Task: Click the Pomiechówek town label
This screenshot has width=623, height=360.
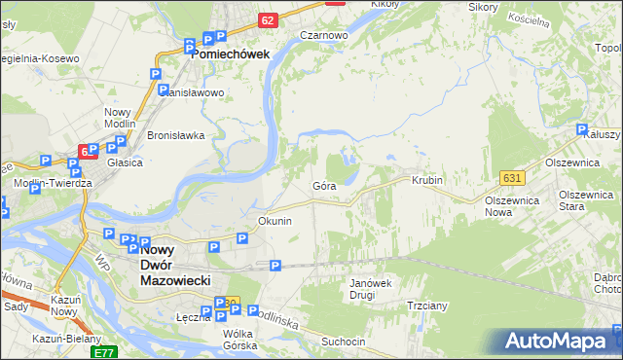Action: [x=230, y=54]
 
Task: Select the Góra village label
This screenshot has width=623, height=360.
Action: [x=324, y=185]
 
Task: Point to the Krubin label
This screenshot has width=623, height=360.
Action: [x=427, y=181]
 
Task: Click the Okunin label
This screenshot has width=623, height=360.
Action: [x=275, y=221]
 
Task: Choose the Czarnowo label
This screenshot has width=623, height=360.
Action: [x=324, y=35]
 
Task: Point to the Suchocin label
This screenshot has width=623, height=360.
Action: [x=344, y=342]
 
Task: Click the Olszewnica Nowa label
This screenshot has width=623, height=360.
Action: [x=512, y=205]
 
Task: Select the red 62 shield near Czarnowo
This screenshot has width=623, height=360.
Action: [x=269, y=19]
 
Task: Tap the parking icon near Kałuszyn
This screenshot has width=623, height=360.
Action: [x=581, y=129]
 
